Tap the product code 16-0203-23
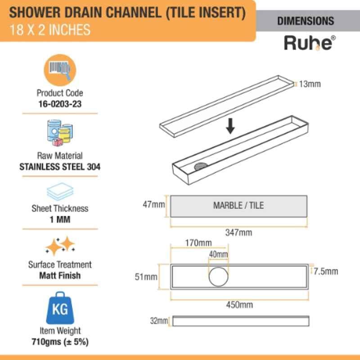60,104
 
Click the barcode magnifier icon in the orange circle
60,70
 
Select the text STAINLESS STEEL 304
60,166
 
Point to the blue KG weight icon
60,308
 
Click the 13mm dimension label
310,84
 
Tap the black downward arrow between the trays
230,126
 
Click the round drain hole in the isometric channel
201,166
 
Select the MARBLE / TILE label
238,206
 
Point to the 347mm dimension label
238,233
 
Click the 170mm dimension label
198,243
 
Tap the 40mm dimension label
218,254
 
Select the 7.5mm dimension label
326,271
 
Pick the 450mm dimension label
239,305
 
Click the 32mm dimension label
159,321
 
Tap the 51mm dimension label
146,277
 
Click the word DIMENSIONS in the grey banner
306,21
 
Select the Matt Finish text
60,275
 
